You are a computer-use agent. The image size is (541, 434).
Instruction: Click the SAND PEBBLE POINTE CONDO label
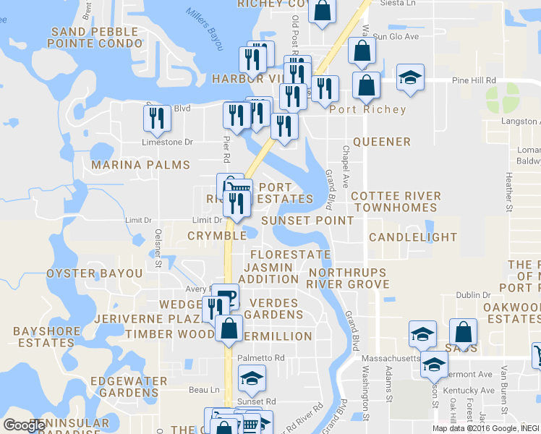pos(95,38)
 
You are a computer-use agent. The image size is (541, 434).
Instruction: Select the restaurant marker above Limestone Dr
pos(157,118)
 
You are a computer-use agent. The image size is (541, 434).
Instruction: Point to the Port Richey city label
pos(367,110)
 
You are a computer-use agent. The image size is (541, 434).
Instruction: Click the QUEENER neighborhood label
pos(381,142)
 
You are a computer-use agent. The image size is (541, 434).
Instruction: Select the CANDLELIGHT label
pos(413,237)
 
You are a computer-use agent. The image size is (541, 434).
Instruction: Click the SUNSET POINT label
pos(307,220)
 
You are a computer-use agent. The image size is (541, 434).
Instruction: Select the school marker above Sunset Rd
pos(252,378)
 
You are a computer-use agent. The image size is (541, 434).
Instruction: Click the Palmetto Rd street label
pos(262,358)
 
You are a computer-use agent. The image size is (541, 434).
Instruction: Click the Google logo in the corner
pos(24,425)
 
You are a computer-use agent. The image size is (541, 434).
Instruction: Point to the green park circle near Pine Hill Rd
pos(502,97)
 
